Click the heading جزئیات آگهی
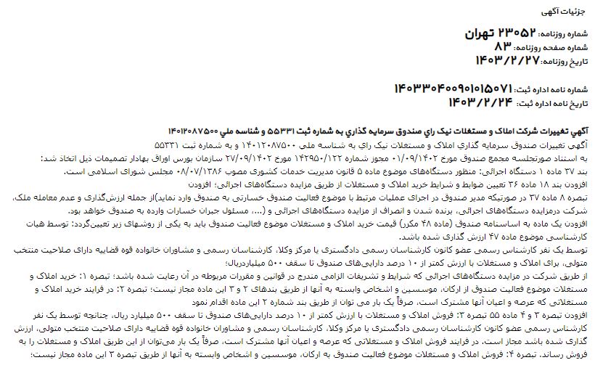tap(569, 12)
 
